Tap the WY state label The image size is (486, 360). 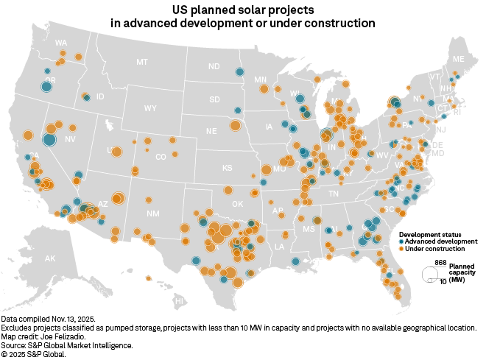point(150,108)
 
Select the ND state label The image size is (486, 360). point(214,67)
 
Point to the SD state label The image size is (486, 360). point(214,99)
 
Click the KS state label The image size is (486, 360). point(228,168)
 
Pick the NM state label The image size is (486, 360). point(153,213)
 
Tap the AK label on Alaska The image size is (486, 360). point(50,258)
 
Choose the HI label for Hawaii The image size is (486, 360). point(178,301)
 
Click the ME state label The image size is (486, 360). point(459,58)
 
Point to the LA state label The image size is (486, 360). point(280,247)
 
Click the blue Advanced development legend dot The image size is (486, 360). point(392,241)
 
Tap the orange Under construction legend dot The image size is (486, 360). point(392,248)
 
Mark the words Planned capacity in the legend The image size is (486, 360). point(462,269)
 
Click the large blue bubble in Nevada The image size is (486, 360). point(49,140)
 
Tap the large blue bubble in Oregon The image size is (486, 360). point(46,87)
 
